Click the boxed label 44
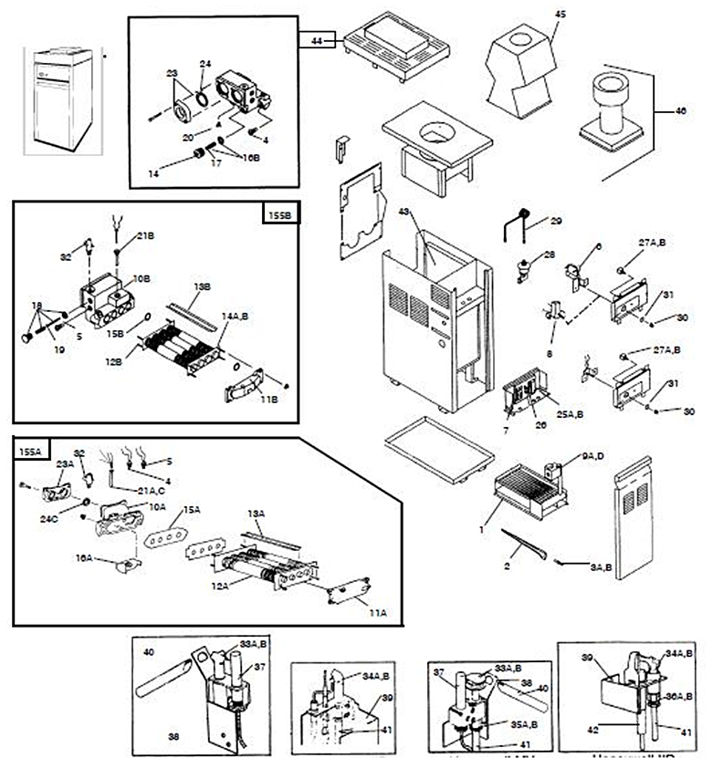click(317, 39)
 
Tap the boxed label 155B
click(280, 214)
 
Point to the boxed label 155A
click(31, 449)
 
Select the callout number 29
click(557, 221)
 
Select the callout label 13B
click(201, 286)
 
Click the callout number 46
click(680, 110)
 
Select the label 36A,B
click(679, 696)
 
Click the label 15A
click(191, 510)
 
